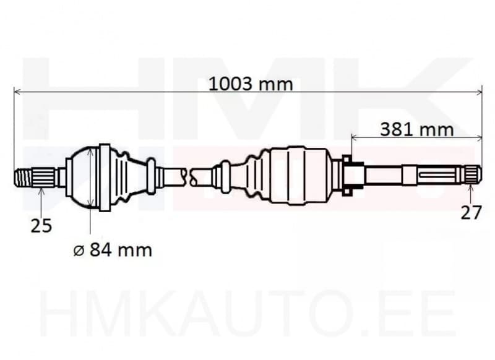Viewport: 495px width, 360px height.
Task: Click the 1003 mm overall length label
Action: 250,84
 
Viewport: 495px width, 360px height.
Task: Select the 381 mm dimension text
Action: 416,129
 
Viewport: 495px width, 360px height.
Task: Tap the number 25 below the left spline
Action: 41,226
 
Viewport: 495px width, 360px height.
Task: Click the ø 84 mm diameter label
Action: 111,250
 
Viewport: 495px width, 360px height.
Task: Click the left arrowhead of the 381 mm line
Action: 355,137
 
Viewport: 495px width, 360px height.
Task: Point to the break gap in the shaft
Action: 189,176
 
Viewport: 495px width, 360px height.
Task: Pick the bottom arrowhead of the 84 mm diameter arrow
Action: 91,204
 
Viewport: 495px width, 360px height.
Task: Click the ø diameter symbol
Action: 77,251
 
